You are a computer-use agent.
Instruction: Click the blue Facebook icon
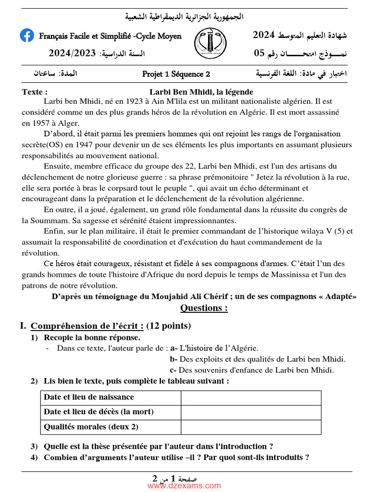27,36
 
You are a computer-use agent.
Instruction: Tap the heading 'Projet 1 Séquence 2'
176,74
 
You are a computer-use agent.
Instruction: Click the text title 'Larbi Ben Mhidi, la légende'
201,92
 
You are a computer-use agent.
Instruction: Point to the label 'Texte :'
35,92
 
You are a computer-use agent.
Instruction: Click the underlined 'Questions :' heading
204,308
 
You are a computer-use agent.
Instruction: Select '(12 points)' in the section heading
169,326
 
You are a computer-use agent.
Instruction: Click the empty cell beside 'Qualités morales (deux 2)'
251,427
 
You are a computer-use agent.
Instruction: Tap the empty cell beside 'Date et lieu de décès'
251,412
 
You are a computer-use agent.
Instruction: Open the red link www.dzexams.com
184,486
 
